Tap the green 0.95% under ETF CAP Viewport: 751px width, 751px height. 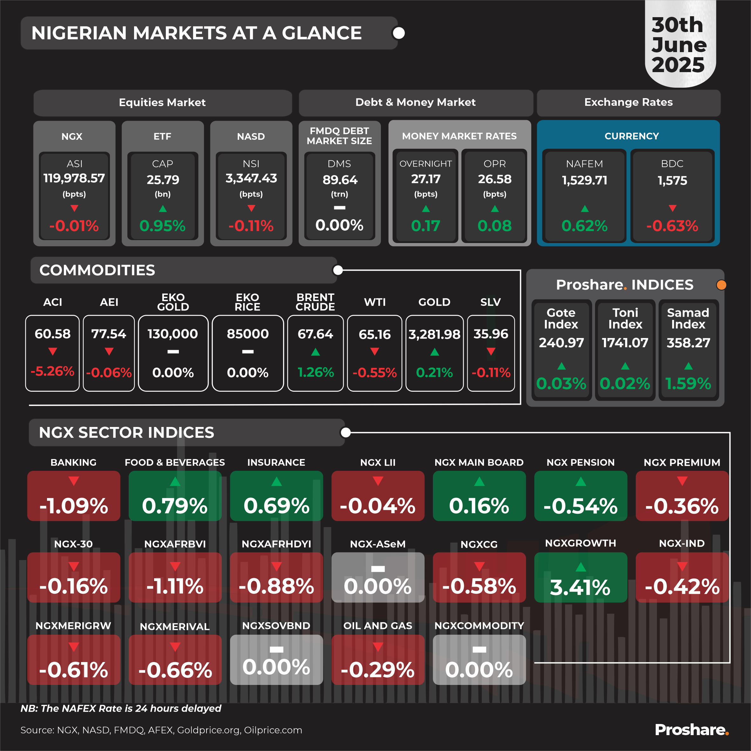point(162,226)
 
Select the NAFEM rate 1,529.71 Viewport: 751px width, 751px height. point(584,180)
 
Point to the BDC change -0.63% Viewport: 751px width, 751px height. point(672,226)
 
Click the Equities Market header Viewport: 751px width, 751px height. point(162,103)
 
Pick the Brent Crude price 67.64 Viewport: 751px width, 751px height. point(315,334)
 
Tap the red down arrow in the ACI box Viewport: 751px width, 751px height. point(52,352)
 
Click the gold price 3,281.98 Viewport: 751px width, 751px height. point(434,334)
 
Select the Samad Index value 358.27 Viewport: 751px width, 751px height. point(688,343)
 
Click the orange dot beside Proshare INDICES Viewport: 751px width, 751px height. point(721,285)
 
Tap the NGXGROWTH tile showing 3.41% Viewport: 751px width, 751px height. point(580,578)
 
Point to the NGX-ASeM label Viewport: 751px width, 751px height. point(377,544)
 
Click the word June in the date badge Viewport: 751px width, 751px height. point(679,45)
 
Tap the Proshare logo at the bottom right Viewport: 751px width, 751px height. point(691,730)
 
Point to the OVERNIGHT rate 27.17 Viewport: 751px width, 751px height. point(426,179)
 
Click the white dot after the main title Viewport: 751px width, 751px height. point(399,33)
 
